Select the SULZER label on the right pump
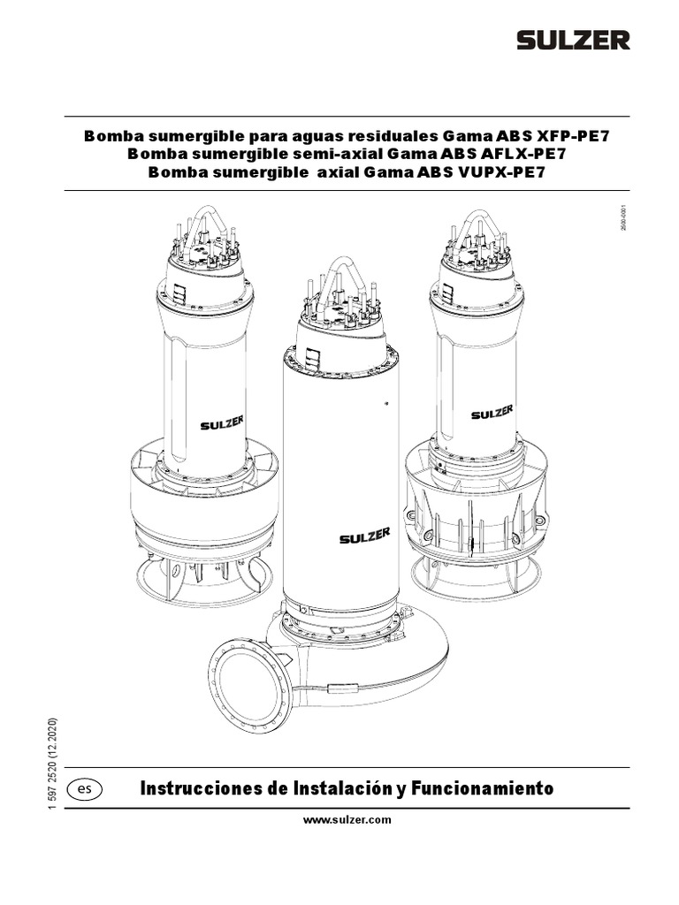coord(492,413)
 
